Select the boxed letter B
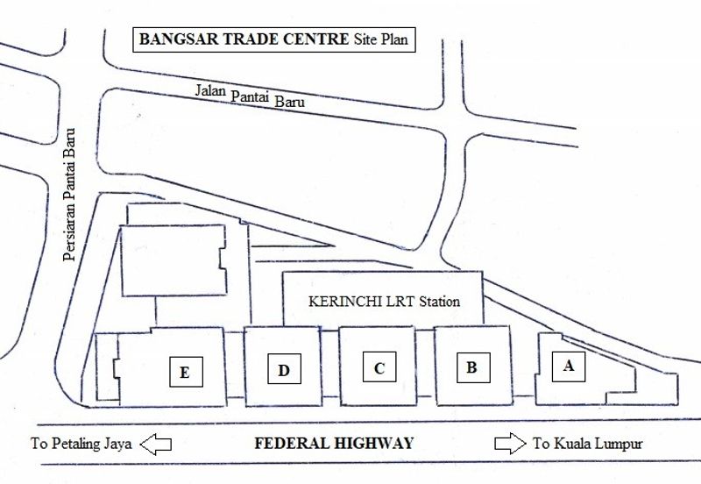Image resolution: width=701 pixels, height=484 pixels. (471, 367)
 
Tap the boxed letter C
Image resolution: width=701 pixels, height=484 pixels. (379, 367)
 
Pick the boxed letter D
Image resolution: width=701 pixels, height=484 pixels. (283, 370)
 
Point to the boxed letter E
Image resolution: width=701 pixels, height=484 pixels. (184, 372)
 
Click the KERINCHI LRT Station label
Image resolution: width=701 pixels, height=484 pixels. (385, 302)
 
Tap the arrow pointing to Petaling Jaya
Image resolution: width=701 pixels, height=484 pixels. (158, 444)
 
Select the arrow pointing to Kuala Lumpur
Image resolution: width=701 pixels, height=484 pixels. (509, 444)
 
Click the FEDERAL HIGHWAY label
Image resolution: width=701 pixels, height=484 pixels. (333, 444)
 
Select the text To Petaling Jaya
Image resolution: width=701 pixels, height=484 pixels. (81, 444)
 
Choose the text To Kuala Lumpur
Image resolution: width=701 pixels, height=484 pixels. (587, 444)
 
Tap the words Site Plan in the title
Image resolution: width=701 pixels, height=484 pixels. (381, 39)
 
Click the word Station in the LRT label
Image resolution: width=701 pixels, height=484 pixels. (438, 302)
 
